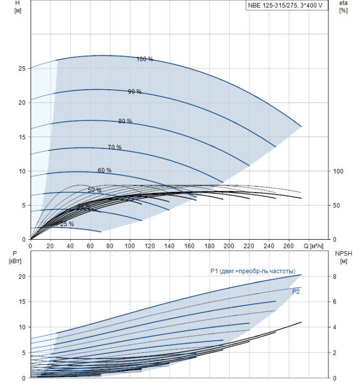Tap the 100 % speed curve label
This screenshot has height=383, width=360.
coord(144,59)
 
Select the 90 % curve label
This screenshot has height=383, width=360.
coord(135,91)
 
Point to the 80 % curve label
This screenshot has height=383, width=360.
coord(125,121)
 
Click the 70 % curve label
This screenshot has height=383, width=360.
coord(114,147)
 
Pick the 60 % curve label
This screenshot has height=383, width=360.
coord(104,170)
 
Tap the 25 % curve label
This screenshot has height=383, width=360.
coord(67,224)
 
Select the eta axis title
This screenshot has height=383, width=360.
coord(343,7)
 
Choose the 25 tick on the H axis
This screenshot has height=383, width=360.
coord(21,68)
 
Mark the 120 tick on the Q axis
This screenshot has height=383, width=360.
coord(149,246)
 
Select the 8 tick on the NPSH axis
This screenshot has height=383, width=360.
coord(335,276)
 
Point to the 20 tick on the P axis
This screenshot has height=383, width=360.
coord(21,276)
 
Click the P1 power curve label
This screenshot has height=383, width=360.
coord(253,271)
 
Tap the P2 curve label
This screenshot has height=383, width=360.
coord(296,292)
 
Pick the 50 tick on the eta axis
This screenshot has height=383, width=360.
coord(338,205)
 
